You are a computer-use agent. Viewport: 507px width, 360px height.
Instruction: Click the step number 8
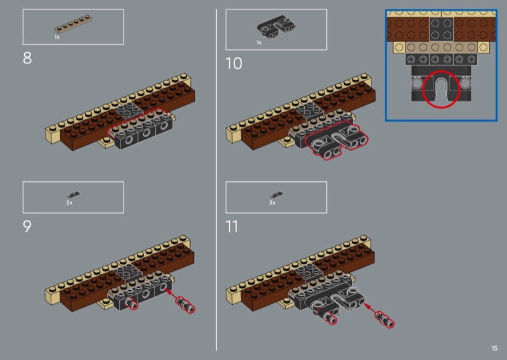tap(27, 58)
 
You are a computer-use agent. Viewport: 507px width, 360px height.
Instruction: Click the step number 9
tap(27, 226)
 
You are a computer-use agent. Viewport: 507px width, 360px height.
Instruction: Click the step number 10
tap(234, 63)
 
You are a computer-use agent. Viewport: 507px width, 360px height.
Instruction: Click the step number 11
tap(232, 226)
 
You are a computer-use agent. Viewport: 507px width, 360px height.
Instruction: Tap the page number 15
tap(494, 348)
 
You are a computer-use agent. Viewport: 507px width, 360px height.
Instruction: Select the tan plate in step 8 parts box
tap(73, 24)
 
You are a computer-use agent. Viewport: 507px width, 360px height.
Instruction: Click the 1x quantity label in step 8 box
tap(57, 37)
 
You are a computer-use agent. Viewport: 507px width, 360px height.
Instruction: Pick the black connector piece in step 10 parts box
tap(276, 26)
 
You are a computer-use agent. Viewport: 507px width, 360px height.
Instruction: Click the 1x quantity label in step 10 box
tap(259, 42)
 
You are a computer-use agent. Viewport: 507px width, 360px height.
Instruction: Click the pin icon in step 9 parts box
tap(74, 195)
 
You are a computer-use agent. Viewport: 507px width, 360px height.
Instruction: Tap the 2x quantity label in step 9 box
tap(69, 202)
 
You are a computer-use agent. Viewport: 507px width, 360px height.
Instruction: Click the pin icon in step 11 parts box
tap(276, 195)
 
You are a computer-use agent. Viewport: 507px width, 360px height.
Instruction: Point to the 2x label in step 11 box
tap(273, 202)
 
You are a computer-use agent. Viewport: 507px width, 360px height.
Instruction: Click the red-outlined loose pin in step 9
tap(185, 305)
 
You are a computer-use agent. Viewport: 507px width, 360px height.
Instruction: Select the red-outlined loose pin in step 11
tap(385, 319)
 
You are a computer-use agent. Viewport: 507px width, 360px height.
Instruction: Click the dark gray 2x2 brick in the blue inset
tap(441, 29)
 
